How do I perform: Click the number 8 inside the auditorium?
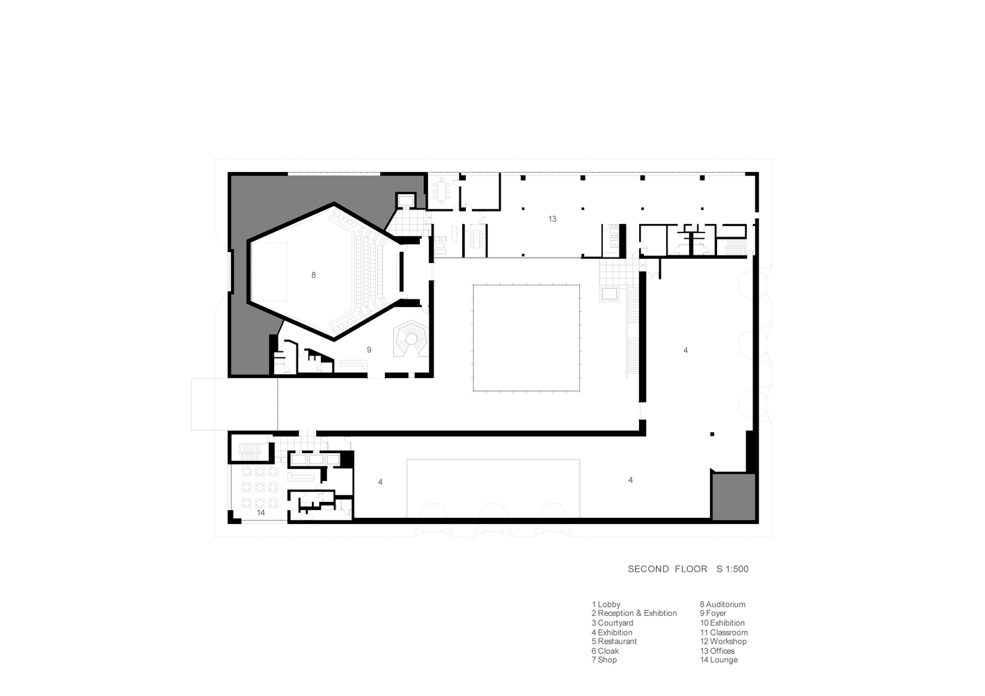[313, 275]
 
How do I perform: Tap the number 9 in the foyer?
[369, 350]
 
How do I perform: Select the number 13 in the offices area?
[552, 219]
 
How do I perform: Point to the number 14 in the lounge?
[261, 513]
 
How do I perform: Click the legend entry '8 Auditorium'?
[723, 605]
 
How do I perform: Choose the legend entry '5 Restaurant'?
[614, 642]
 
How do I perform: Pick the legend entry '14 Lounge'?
[719, 660]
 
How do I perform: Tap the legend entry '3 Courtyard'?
[612, 623]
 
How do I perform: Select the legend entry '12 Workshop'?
[723, 642]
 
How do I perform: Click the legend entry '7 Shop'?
[604, 660]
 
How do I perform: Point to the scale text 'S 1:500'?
[732, 569]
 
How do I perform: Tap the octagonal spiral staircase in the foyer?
[411, 338]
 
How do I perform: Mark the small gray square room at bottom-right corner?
[734, 497]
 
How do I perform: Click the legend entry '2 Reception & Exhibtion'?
[633, 613]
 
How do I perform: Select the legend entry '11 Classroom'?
[724, 633]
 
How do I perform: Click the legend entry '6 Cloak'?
[605, 651]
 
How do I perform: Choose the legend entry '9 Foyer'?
[713, 613]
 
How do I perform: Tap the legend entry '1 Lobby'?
[606, 605]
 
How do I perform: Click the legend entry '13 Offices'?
[717, 651]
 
